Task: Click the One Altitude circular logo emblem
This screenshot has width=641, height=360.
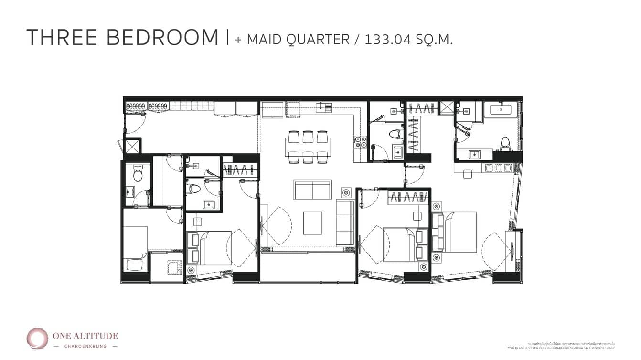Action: point(37,339)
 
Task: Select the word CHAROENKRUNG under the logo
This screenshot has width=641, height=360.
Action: point(85,346)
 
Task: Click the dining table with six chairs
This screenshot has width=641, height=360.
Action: point(308,144)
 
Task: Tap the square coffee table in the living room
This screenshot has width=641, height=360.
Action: point(312,222)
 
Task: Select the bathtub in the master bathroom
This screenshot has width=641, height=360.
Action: point(501,109)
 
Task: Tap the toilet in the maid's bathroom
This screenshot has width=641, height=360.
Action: point(138,175)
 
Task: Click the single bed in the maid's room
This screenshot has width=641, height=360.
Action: point(135,248)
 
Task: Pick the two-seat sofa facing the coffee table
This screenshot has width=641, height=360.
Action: point(312,190)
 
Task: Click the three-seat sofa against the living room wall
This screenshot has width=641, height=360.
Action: point(345,223)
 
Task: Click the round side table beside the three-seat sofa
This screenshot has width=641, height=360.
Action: point(346,192)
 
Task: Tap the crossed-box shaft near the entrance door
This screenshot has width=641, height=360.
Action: point(132,146)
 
